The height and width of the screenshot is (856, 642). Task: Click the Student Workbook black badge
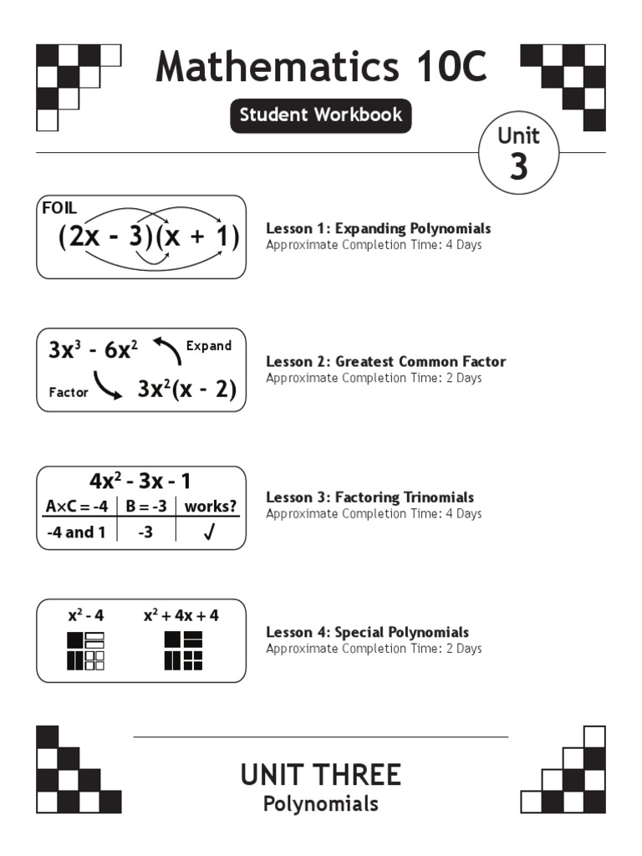coord(321,115)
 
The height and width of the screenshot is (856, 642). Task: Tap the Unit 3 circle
coord(518,153)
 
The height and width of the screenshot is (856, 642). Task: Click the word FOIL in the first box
coord(59,208)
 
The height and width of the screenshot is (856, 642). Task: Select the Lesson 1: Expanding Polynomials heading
coord(378,228)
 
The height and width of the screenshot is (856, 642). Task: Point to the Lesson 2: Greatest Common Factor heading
coord(385,362)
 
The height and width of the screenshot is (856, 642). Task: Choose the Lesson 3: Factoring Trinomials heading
coord(369,497)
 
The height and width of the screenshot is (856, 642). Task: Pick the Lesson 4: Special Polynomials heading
coord(367,632)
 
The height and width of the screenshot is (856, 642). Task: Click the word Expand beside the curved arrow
coord(208,346)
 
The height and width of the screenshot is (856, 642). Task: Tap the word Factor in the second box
coord(69,392)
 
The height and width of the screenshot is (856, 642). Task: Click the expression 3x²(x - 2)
coord(186,390)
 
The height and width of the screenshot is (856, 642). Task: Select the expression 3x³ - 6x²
coord(93,350)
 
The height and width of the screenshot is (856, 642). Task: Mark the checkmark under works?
coord(210,532)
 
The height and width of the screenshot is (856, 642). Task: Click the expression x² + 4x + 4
coord(181,615)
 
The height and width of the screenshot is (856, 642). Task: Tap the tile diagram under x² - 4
coord(85,651)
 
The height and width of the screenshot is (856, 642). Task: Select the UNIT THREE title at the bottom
coord(321,775)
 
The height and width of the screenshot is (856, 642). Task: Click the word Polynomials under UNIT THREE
coord(321,804)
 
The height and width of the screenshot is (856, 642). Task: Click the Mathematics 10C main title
coord(321,67)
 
